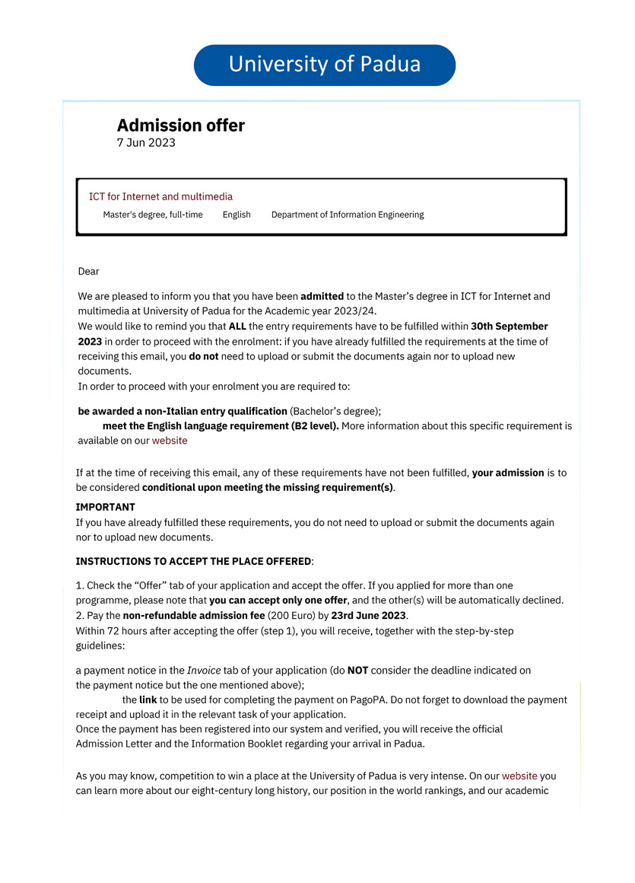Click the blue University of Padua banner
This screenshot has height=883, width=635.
point(325,65)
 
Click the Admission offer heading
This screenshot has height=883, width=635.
point(181,126)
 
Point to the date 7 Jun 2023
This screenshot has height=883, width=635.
point(146,143)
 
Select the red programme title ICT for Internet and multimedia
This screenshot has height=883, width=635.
point(160,196)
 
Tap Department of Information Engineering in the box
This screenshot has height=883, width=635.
point(348,215)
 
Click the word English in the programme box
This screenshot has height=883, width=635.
point(237,215)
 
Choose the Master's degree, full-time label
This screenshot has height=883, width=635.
point(153,215)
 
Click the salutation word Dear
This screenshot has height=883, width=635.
point(89,272)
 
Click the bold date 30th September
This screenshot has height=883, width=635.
point(509,327)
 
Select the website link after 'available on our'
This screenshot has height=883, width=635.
point(170,441)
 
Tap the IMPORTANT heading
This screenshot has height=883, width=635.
point(105,507)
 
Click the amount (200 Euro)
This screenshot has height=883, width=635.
point(284,615)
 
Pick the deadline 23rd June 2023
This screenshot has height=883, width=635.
point(369,615)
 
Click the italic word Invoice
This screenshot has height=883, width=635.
point(204,671)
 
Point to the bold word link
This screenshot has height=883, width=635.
point(148,700)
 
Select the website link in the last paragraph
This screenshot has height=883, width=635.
point(519,776)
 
